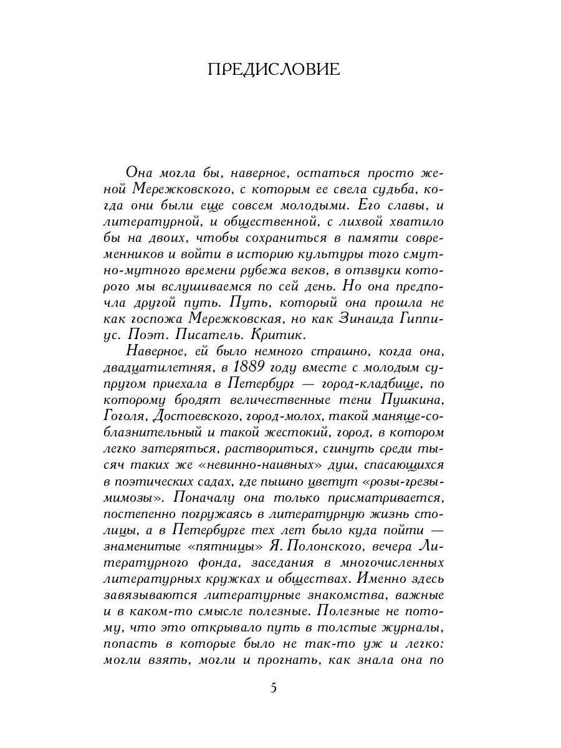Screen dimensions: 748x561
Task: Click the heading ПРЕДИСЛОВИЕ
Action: point(274,70)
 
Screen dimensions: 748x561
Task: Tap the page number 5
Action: point(274,688)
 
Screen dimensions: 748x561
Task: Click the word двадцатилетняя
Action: point(161,368)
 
